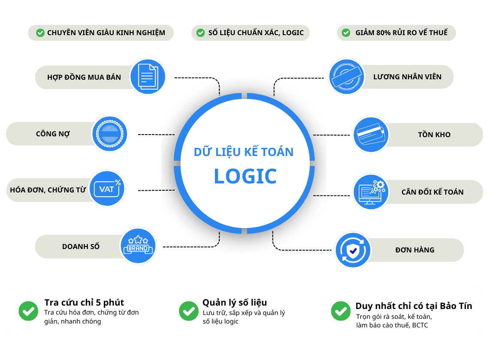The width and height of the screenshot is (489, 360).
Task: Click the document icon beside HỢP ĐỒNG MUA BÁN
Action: coord(148,76)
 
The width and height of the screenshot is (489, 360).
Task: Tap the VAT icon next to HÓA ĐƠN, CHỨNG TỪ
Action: coord(107,189)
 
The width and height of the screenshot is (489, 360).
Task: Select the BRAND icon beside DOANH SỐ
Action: coord(138,246)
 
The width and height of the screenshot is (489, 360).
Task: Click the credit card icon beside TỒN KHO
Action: coord(371,135)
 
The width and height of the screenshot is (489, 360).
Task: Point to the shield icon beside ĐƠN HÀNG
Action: coord(353,250)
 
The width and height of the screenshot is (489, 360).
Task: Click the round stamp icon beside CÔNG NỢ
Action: coord(110,134)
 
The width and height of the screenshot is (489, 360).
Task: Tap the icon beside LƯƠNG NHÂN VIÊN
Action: coord(346,76)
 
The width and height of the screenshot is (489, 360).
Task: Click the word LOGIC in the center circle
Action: coord(245,176)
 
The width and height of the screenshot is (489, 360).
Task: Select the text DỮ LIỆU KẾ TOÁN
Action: coord(244,152)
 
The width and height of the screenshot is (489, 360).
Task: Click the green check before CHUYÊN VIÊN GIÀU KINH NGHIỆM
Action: coord(40,33)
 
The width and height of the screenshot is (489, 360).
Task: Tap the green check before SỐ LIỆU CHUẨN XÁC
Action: coord(200,33)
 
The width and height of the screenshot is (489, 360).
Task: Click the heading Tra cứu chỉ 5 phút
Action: coord(84,303)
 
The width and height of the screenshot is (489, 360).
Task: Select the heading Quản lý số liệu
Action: coord(235,303)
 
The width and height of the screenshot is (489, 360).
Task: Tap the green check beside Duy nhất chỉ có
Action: coord(341,311)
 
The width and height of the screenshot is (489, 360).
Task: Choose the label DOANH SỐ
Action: coord(81,246)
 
